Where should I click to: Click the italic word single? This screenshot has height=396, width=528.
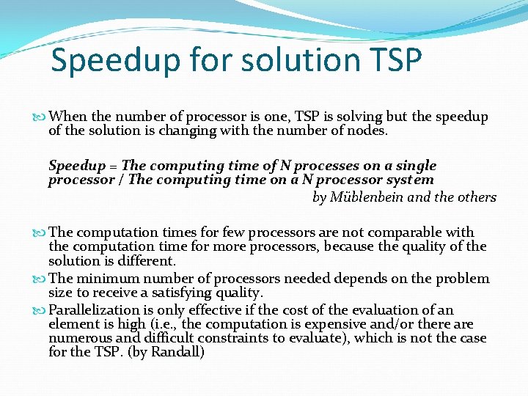click(416, 166)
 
